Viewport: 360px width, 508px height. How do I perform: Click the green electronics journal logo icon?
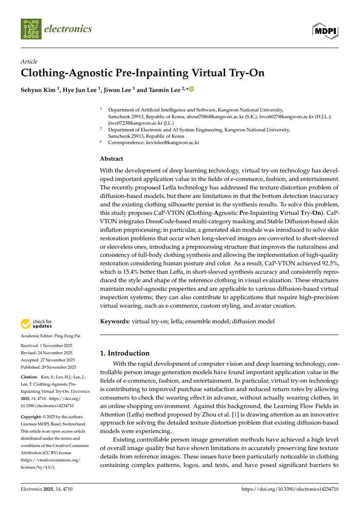click(x=31, y=29)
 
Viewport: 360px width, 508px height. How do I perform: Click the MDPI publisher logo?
click(x=325, y=31)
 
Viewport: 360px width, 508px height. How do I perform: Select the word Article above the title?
click(x=29, y=61)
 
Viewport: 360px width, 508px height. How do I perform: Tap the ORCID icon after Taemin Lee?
click(x=191, y=89)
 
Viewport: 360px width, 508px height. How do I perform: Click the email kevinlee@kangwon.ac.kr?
click(x=173, y=143)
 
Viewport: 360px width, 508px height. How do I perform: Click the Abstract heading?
click(x=112, y=158)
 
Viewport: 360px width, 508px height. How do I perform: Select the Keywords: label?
click(x=115, y=321)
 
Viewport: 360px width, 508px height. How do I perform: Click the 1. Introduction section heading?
click(x=125, y=353)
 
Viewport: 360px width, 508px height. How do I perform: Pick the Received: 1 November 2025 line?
click(x=47, y=346)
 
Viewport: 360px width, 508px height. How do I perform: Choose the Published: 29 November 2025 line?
click(x=48, y=367)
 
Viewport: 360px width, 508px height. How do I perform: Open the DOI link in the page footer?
click(x=290, y=489)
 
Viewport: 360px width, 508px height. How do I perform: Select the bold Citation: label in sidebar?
click(x=29, y=377)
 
